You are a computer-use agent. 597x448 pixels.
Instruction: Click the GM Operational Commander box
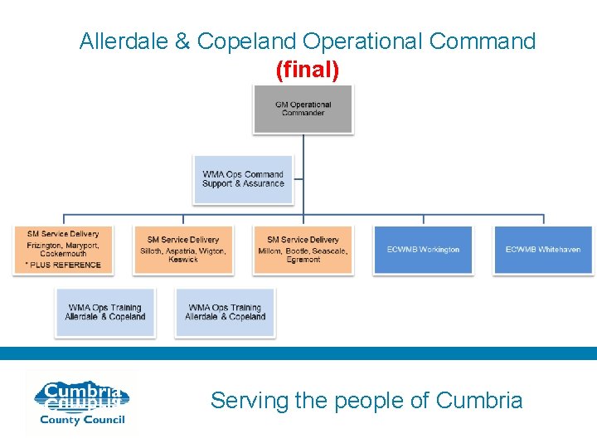point(303,109)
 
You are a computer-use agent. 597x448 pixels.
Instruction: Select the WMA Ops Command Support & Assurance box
point(243,179)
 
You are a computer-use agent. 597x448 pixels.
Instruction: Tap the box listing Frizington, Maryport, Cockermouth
point(63,250)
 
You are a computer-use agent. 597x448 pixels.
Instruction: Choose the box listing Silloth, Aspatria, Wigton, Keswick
point(183,250)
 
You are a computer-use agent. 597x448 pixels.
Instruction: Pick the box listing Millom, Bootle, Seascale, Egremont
point(303,250)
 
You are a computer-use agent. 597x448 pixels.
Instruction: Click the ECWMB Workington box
point(423,250)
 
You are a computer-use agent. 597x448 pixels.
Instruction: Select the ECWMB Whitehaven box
point(543,250)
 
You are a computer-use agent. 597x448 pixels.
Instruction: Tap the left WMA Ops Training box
point(105,313)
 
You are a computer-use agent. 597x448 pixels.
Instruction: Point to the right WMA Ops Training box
point(225,313)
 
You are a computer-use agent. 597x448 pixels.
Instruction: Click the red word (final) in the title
point(308,71)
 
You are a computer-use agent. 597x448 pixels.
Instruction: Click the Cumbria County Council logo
point(80,403)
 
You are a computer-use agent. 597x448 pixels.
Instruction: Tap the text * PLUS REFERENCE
point(64,265)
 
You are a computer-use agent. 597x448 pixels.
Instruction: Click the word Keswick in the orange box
point(183,260)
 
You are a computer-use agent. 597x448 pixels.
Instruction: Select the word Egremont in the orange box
point(303,260)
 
